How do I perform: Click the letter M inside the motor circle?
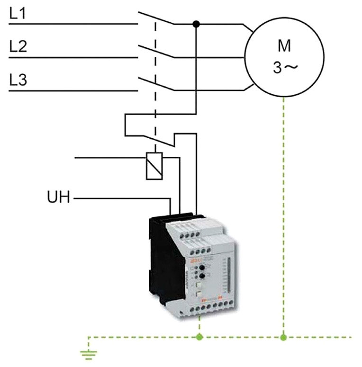point(284,46)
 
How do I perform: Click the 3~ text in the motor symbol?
point(285,68)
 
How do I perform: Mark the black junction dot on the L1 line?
point(196,23)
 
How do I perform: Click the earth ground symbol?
point(88,351)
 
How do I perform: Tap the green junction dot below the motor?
point(283,337)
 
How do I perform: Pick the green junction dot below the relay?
point(199,337)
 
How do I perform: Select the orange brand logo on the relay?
point(195,259)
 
